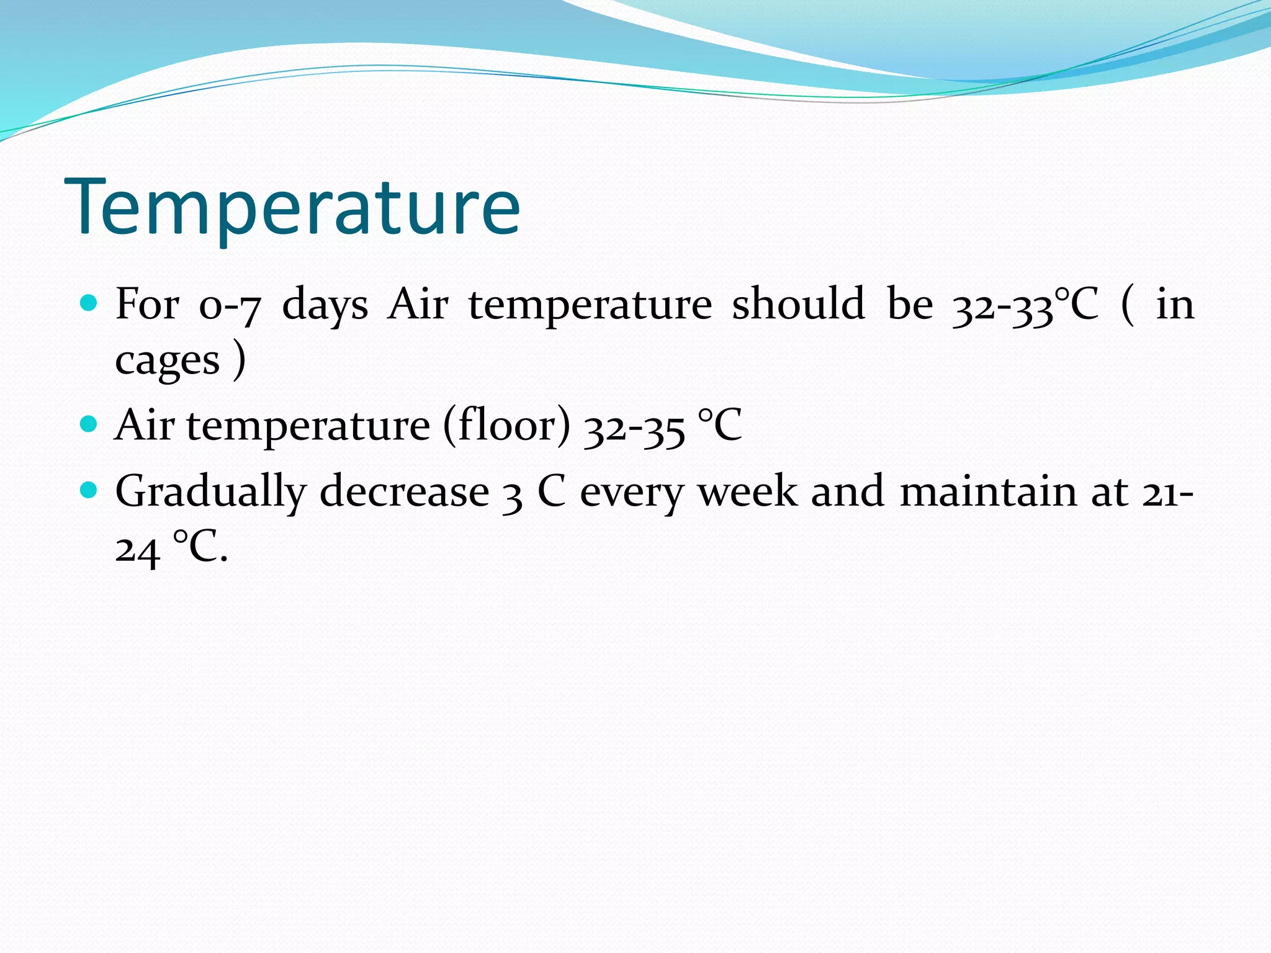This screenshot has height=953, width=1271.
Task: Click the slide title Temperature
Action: (292, 207)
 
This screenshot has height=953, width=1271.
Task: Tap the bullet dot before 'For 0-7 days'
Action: (89, 303)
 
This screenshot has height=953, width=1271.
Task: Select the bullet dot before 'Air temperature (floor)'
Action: (89, 424)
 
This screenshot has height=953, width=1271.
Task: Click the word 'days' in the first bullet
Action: (325, 306)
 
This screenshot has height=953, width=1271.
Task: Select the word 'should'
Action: (798, 304)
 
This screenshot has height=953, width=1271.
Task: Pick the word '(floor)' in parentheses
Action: (506, 426)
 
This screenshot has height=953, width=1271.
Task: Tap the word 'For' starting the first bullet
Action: (147, 304)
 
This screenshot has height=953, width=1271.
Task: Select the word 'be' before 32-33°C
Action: (910, 304)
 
